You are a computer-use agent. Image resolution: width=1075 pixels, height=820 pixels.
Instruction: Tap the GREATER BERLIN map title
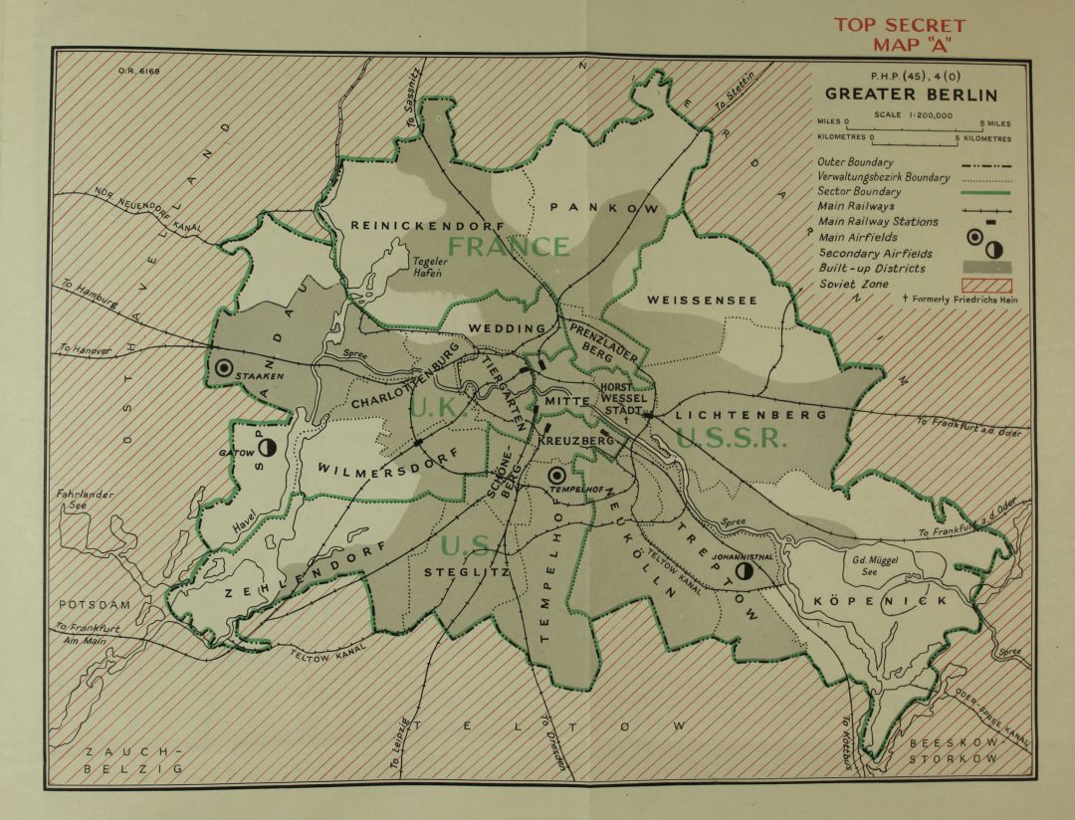[x=910, y=96]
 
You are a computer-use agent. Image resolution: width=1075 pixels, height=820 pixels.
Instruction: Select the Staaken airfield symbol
[x=224, y=367]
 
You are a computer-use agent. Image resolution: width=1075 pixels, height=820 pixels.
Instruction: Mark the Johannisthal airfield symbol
[x=743, y=571]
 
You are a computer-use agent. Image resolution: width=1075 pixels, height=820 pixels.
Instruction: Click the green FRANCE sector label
[x=509, y=247]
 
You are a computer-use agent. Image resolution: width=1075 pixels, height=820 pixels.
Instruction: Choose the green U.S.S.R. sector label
[x=731, y=437]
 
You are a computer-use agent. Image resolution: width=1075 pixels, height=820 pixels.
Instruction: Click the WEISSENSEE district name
[x=702, y=300]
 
